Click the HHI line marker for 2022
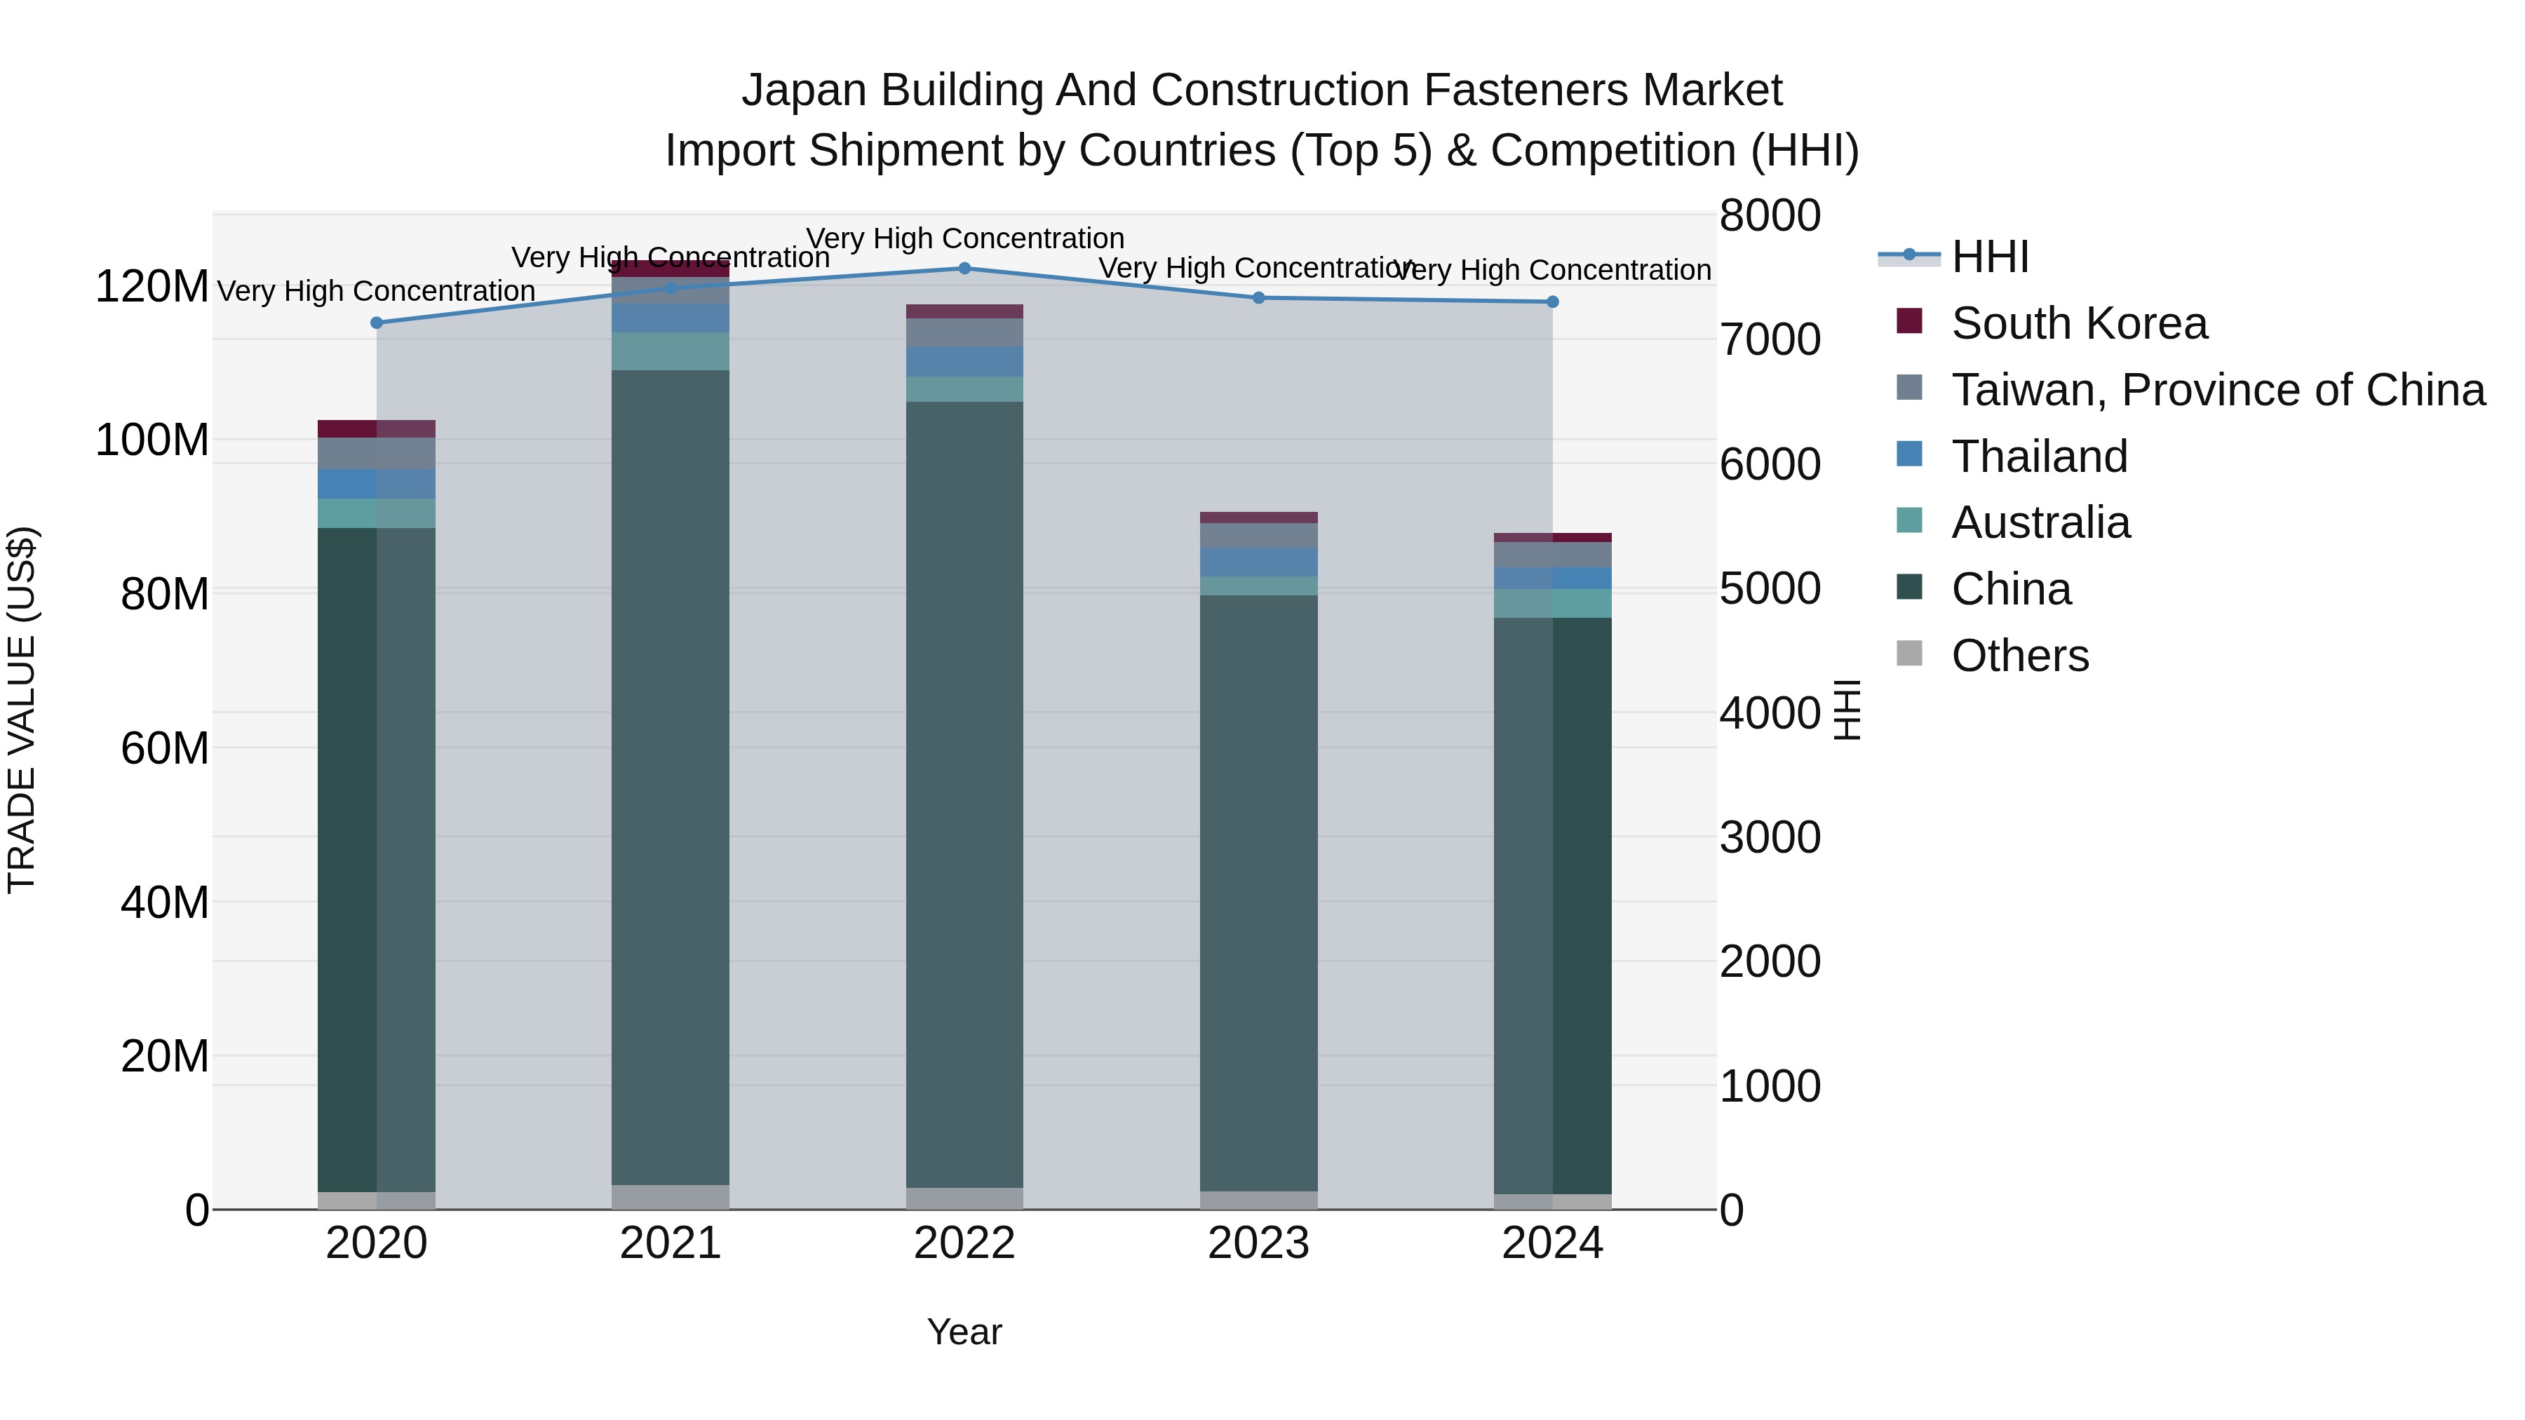(x=964, y=268)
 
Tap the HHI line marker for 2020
(x=377, y=323)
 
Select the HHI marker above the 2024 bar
(x=1553, y=302)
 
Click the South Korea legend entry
(x=2079, y=323)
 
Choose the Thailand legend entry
(x=2039, y=457)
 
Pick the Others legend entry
(x=2019, y=656)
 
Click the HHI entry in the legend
(x=1989, y=257)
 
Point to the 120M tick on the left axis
(x=152, y=287)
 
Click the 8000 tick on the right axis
(x=1770, y=215)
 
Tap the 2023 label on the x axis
(x=1258, y=1243)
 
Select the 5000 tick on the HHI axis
(x=1770, y=589)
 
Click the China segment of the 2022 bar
(x=964, y=794)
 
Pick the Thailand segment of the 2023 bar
(x=1258, y=562)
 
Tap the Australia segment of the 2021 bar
(x=671, y=351)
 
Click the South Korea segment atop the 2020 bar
(x=377, y=428)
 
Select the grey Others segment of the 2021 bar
(x=671, y=1196)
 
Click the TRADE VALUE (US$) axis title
(x=22, y=710)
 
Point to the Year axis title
(x=964, y=1332)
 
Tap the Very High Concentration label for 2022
(x=964, y=238)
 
